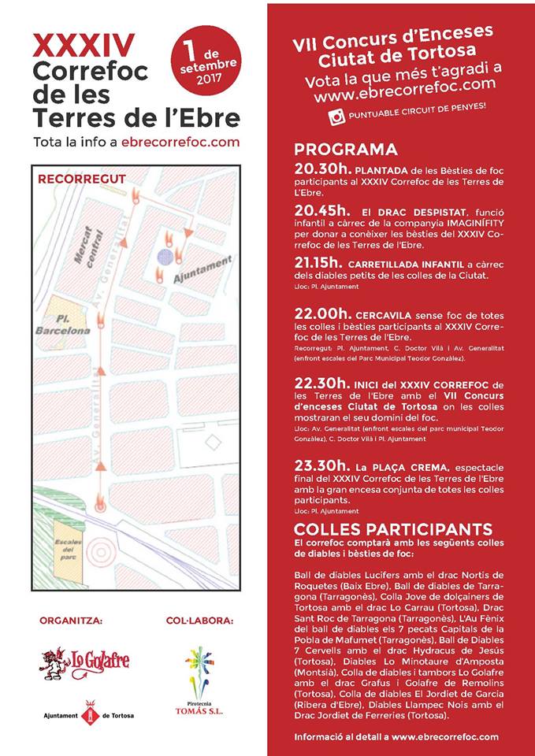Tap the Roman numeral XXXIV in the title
(x=84, y=44)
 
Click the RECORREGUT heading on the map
(x=82, y=179)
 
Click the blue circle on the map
(x=164, y=256)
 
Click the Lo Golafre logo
(x=76, y=662)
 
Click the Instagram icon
(x=336, y=117)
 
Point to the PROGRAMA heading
(x=346, y=150)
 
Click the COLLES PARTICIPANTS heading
(x=392, y=528)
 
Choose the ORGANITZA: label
(x=71, y=621)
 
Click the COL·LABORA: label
(x=199, y=621)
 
